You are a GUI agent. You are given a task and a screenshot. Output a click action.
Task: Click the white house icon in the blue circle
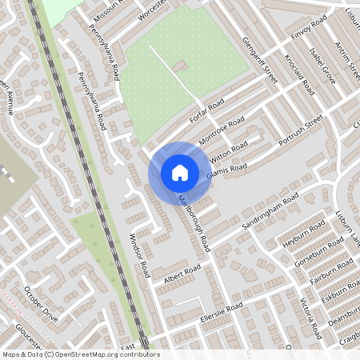(x=180, y=172)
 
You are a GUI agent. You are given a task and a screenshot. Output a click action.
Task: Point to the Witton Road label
(x=230, y=148)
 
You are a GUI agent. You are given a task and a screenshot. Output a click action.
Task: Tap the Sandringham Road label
(x=270, y=210)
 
